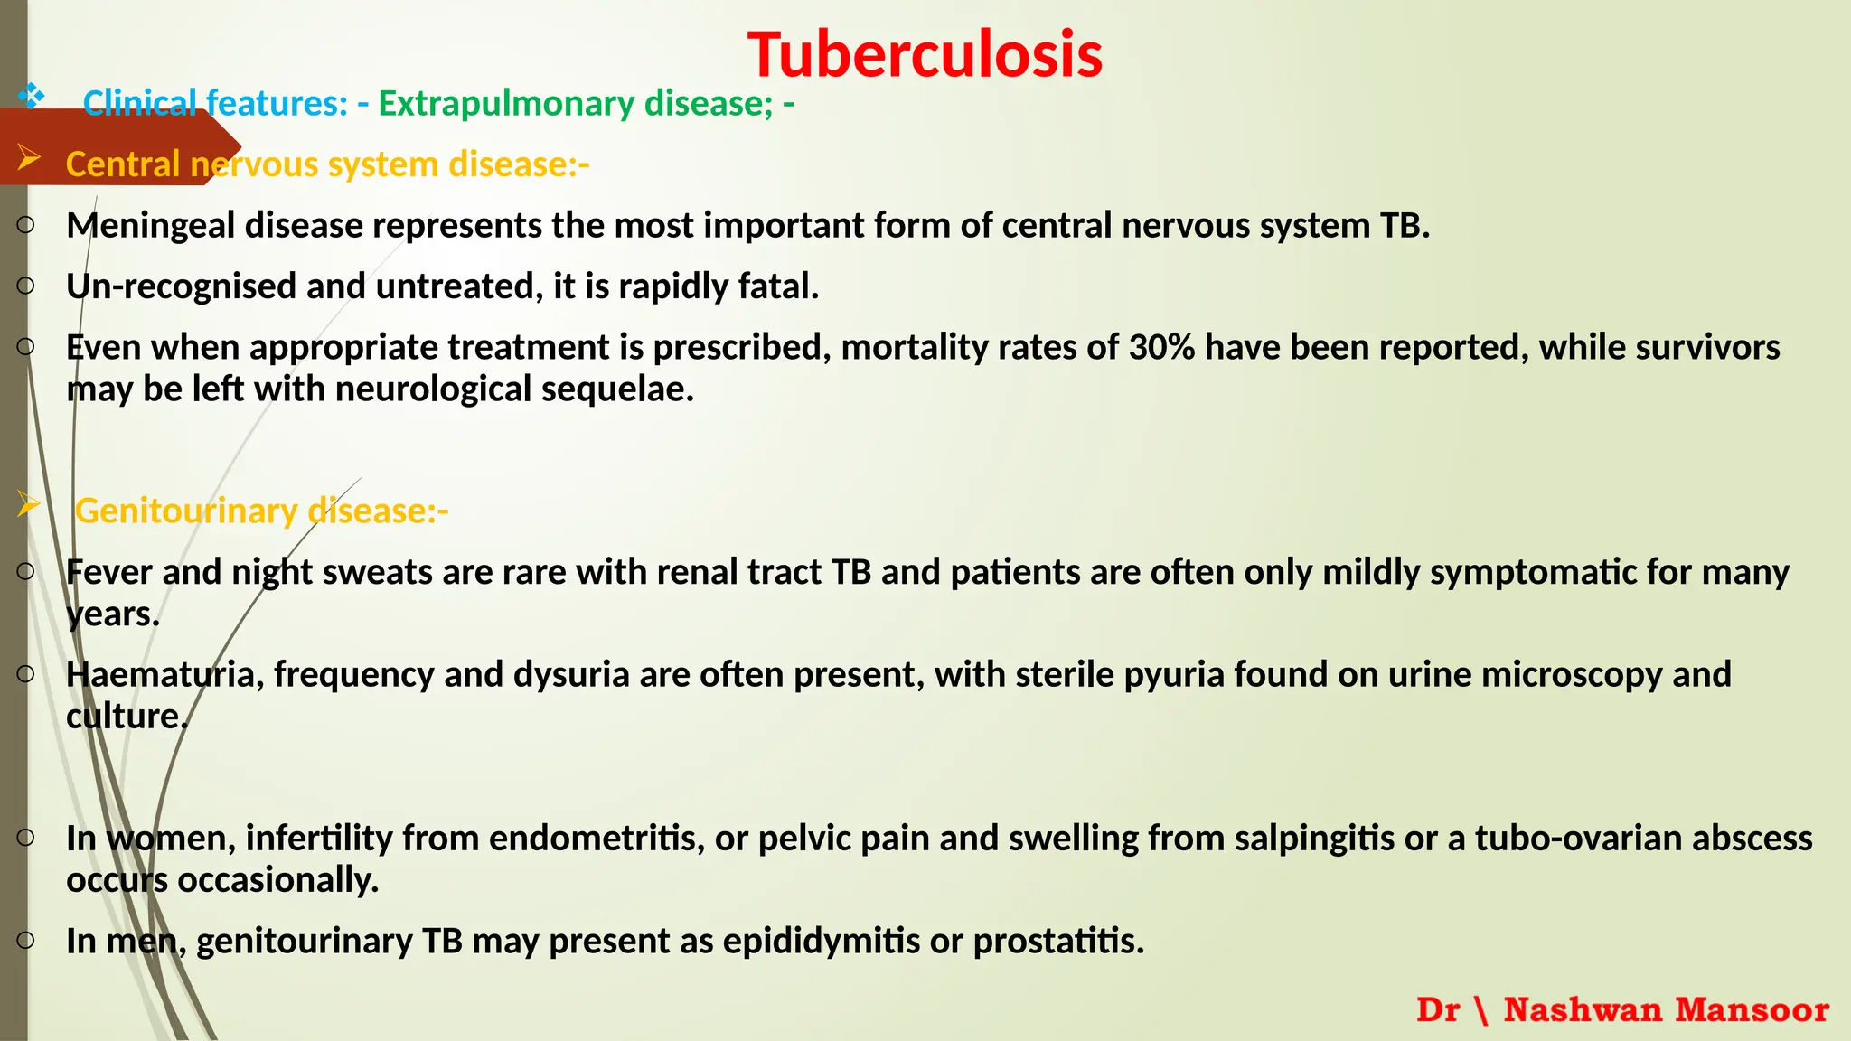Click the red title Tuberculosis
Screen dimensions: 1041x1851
click(925, 55)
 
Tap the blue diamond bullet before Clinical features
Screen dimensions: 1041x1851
click(31, 96)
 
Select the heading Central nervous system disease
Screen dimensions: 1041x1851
click(327, 164)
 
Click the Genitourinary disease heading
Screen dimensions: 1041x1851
click(261, 511)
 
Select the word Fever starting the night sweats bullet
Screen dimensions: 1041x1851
click(109, 573)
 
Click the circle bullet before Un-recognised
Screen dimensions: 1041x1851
click(25, 286)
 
